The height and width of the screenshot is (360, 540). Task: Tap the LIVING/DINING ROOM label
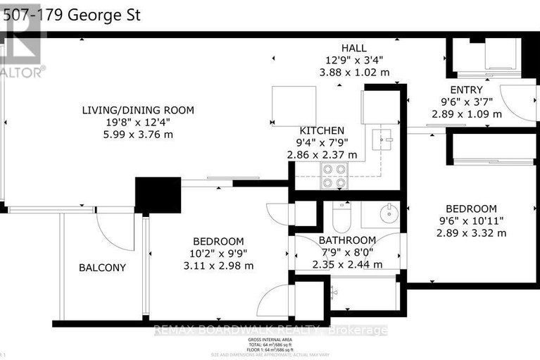click(x=137, y=111)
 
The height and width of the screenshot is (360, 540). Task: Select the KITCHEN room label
click(x=322, y=130)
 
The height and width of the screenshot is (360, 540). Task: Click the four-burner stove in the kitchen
click(x=335, y=176)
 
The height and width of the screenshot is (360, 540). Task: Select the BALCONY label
click(x=102, y=268)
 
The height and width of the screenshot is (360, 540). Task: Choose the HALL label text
click(x=353, y=48)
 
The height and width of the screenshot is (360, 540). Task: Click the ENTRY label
click(x=466, y=89)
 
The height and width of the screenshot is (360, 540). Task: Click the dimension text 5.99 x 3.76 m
click(x=137, y=135)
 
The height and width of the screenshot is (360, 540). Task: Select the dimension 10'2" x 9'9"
click(x=219, y=254)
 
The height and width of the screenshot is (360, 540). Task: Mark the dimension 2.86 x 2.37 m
click(x=322, y=155)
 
